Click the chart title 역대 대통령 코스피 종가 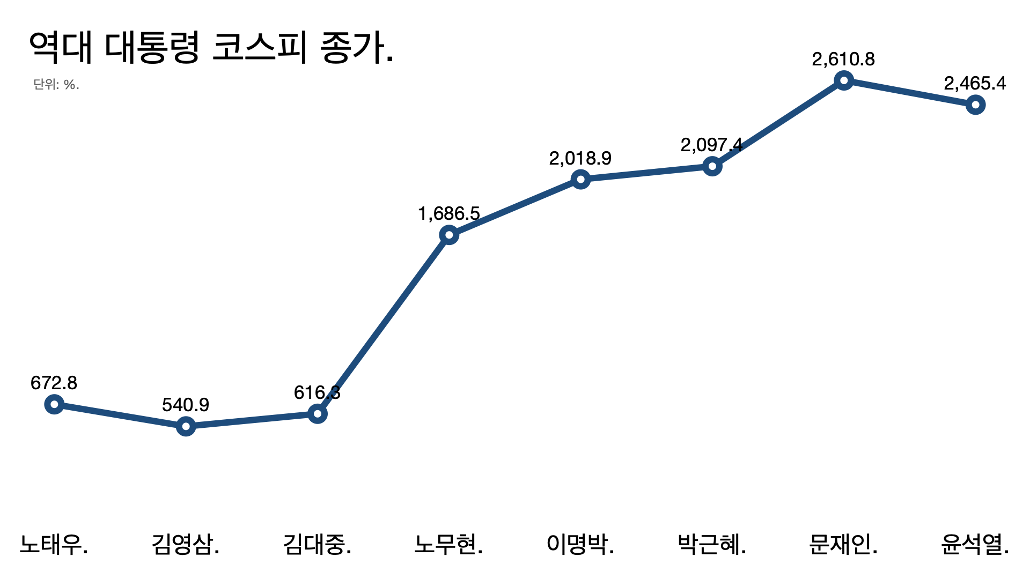tap(211, 47)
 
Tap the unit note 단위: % tap(56, 85)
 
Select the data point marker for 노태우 tap(54, 404)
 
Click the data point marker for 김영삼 tap(186, 426)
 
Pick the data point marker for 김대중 tap(318, 414)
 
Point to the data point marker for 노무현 tap(449, 235)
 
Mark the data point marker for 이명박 tap(580, 179)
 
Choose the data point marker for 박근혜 tap(712, 166)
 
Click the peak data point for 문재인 tap(844, 80)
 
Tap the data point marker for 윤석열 tap(975, 105)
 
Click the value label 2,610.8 tap(843, 59)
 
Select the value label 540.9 tap(186, 405)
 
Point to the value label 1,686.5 tap(449, 213)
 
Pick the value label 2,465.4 tap(975, 83)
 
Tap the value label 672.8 tap(54, 383)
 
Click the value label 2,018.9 tap(580, 158)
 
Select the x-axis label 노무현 tap(448, 544)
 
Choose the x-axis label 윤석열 tap(975, 544)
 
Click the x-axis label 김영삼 tap(186, 544)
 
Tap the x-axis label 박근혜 tap(712, 544)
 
